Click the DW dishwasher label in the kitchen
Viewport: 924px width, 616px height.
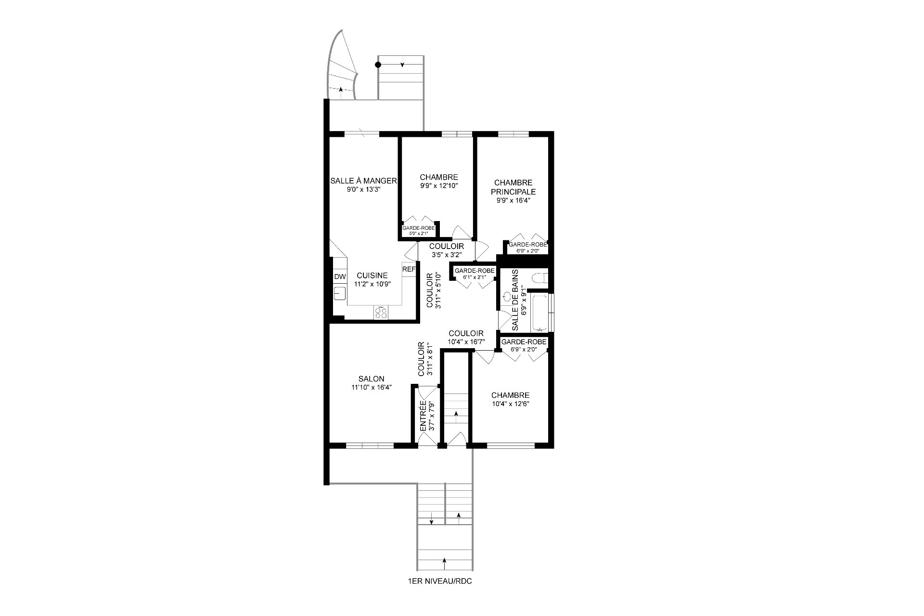340,277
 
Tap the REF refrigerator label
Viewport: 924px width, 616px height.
409,269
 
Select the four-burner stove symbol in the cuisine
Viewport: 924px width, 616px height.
381,313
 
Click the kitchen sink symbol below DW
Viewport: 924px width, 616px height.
340,292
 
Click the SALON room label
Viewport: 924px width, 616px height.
371,379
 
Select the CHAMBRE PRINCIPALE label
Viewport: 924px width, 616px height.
513,187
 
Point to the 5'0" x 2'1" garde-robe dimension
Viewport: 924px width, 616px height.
418,234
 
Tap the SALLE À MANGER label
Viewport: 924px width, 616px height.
363,181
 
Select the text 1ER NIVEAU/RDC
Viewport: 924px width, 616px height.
439,581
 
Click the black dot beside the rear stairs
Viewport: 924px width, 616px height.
378,65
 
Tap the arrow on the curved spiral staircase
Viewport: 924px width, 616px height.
341,89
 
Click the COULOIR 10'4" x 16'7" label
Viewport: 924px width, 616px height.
466,337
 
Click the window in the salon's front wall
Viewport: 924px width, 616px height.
370,446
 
